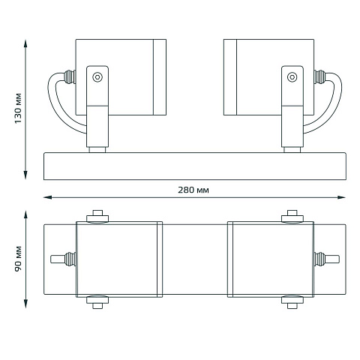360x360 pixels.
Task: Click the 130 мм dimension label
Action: click(x=18, y=108)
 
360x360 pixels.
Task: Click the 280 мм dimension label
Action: click(x=193, y=190)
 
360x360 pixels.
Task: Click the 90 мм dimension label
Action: click(x=18, y=259)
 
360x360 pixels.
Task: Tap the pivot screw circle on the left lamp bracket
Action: click(x=97, y=77)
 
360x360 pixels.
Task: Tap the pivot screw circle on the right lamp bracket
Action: click(x=292, y=77)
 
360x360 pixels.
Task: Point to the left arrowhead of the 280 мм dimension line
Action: click(x=47, y=197)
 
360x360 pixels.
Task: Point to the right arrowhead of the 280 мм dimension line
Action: click(x=341, y=197)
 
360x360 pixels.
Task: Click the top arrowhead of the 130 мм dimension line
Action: click(x=25, y=43)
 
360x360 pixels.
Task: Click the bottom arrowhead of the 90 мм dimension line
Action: click(x=25, y=304)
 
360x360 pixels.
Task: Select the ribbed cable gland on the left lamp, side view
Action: click(x=70, y=76)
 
